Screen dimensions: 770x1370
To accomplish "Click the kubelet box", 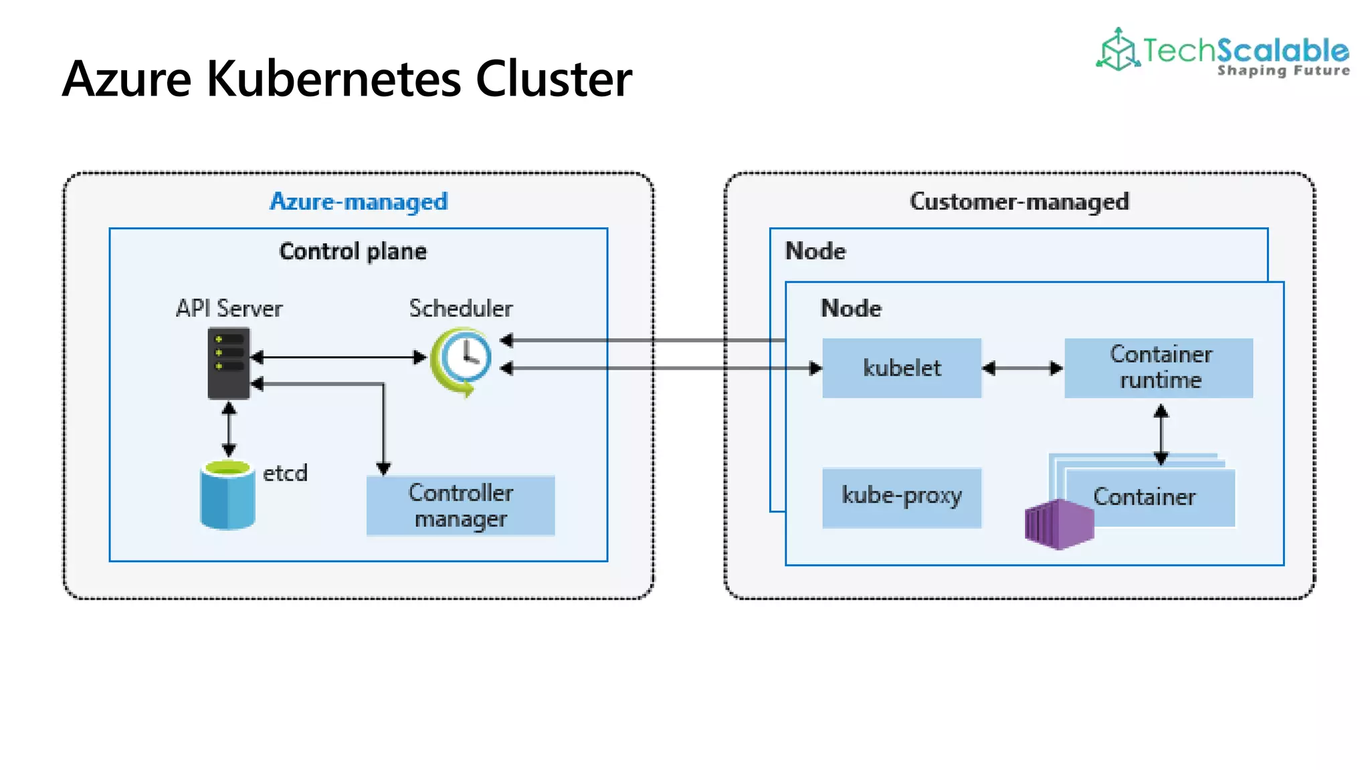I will pos(901,368).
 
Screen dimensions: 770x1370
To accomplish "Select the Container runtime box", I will pos(1159,368).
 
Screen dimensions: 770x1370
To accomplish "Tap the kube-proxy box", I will pos(901,497).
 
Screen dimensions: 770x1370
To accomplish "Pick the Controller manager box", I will pos(460,505).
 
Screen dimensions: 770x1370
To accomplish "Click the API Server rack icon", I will pos(229,363).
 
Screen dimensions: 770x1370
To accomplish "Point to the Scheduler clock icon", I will pos(462,360).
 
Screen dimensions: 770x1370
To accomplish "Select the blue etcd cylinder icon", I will pos(227,495).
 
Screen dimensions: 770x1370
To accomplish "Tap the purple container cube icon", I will pos(1058,524).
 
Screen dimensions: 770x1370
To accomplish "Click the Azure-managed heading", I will pos(359,201).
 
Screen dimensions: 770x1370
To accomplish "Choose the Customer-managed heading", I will pos(1019,201).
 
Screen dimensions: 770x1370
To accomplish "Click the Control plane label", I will pos(353,251).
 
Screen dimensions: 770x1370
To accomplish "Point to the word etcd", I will pos(285,473).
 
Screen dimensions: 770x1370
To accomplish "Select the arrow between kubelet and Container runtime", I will pos(1022,368).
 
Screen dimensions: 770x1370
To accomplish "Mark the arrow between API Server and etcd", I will pos(229,429).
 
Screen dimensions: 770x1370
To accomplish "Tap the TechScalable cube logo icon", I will pos(1117,49).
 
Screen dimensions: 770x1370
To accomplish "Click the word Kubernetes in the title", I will pos(334,79).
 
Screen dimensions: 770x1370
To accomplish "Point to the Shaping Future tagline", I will pos(1283,71).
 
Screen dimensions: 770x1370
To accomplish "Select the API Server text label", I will pos(229,309).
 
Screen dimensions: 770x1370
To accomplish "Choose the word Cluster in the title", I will pos(553,79).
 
